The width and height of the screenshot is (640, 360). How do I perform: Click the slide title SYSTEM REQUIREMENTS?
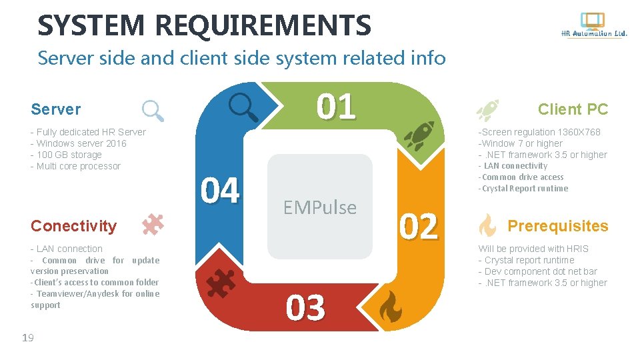(x=204, y=25)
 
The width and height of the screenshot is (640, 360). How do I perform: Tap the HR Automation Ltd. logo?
(x=593, y=26)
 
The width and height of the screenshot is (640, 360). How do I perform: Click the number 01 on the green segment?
(x=336, y=107)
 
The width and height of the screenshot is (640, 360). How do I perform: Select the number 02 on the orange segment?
(x=418, y=227)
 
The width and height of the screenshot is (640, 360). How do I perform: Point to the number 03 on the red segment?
(x=305, y=308)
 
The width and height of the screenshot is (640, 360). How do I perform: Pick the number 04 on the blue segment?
(x=220, y=191)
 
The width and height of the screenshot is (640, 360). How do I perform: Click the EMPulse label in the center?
(x=319, y=207)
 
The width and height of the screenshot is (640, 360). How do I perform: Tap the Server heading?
(x=56, y=109)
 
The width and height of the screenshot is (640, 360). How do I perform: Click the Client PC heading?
(x=573, y=109)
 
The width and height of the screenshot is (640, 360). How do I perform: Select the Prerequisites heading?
(x=558, y=226)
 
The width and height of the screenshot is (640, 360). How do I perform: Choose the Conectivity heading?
(x=73, y=226)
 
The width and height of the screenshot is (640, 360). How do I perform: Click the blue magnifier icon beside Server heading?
(x=153, y=110)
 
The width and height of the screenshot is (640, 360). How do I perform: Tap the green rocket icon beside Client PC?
(x=488, y=109)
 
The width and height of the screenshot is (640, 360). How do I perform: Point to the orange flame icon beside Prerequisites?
(x=487, y=226)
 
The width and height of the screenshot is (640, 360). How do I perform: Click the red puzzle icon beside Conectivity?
(x=153, y=225)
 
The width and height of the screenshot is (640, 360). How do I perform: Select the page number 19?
(x=27, y=338)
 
